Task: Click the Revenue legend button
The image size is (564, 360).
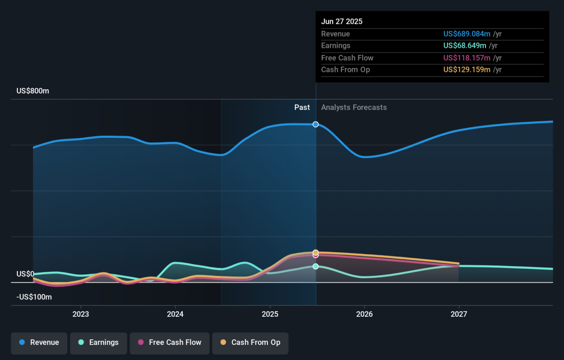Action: click(x=39, y=343)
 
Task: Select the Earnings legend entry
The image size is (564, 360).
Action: click(x=98, y=343)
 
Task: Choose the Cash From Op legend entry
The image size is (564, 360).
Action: click(x=250, y=343)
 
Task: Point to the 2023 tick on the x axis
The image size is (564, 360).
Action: click(x=81, y=314)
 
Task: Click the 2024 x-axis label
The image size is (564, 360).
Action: click(x=175, y=314)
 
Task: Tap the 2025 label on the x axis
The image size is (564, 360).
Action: click(x=270, y=314)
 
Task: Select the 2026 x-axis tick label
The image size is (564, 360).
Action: click(x=364, y=314)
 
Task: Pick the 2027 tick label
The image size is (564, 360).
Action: click(x=459, y=314)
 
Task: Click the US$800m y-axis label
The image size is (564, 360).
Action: click(x=32, y=91)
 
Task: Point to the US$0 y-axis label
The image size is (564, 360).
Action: click(x=26, y=274)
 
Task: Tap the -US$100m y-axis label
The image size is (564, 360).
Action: click(x=34, y=297)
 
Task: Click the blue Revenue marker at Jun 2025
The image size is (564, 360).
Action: click(x=316, y=125)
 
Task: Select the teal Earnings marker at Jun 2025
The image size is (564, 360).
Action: click(x=316, y=266)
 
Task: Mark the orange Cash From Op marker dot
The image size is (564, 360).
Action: click(x=316, y=252)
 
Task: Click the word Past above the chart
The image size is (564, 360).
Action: click(x=302, y=108)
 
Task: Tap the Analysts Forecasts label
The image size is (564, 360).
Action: click(x=354, y=108)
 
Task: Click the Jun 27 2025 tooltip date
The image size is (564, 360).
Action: click(x=342, y=22)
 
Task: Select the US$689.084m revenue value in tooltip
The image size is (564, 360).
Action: click(x=467, y=34)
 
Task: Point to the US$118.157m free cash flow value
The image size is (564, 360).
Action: click(x=467, y=58)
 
